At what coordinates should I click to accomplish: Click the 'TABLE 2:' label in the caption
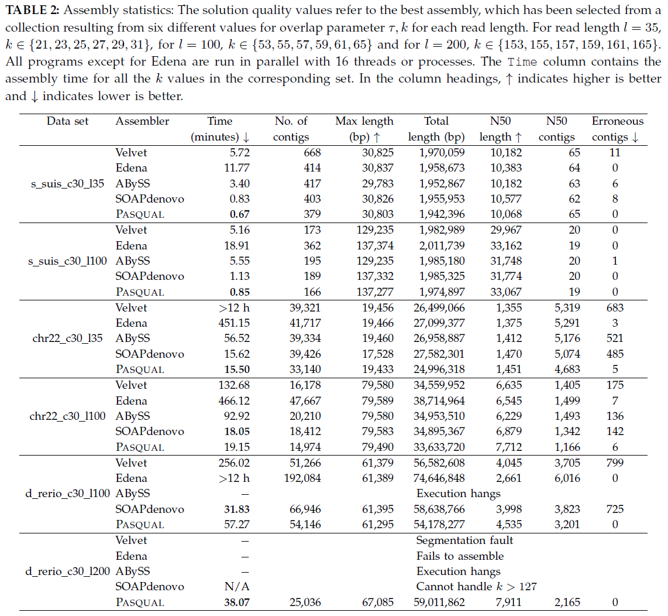pyautogui.click(x=30, y=12)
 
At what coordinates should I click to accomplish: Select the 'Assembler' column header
pyautogui.click(x=142, y=121)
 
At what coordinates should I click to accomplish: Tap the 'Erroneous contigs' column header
pyautogui.click(x=617, y=129)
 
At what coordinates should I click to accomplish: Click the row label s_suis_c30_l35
pyautogui.click(x=67, y=183)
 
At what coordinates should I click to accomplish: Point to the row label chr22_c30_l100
pyautogui.click(x=67, y=416)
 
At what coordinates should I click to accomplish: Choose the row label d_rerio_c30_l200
pyautogui.click(x=67, y=571)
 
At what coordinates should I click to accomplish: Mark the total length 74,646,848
pyautogui.click(x=437, y=478)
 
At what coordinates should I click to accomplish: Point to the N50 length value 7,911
pyautogui.click(x=508, y=602)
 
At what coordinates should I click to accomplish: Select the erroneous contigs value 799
pyautogui.click(x=615, y=463)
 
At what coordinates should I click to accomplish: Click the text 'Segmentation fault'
pyautogui.click(x=464, y=540)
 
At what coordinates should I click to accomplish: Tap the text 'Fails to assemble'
pyautogui.click(x=460, y=556)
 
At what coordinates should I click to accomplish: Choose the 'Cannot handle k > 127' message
pyautogui.click(x=476, y=587)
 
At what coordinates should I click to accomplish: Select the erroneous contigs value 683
pyautogui.click(x=615, y=307)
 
